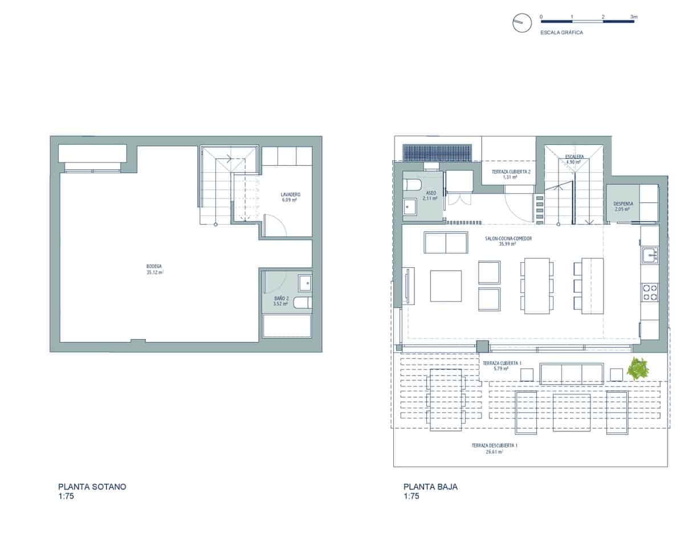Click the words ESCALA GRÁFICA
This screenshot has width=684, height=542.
point(561,33)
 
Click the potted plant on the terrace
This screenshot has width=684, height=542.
point(640,368)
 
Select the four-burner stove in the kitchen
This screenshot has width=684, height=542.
point(650,292)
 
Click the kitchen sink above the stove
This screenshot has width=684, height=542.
point(649,255)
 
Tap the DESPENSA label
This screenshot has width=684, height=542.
point(622,206)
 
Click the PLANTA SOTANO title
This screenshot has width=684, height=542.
point(92,487)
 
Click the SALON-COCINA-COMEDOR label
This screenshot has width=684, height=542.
point(507,241)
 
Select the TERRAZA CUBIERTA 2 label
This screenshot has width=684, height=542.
point(510,174)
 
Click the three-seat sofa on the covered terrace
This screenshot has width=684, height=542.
point(572,373)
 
